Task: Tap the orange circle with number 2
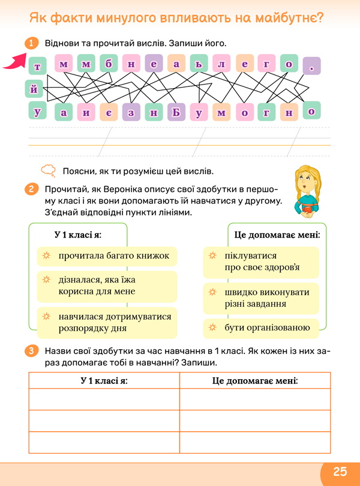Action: click(32, 190)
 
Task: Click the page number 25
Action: click(340, 470)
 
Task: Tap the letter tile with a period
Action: click(311, 65)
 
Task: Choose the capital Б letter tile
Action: click(176, 112)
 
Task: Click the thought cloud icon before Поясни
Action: click(49, 170)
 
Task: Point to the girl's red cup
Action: click(310, 208)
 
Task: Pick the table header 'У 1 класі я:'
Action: click(104, 381)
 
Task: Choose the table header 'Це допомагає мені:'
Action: click(255, 381)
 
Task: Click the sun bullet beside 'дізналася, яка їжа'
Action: click(45, 280)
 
